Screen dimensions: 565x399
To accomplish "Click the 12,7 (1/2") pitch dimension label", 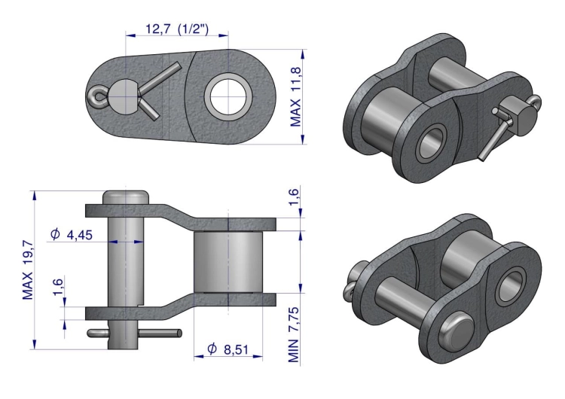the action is click(x=176, y=29).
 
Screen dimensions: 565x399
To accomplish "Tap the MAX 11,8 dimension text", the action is click(x=295, y=96).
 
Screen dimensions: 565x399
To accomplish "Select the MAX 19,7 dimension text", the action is click(x=27, y=270).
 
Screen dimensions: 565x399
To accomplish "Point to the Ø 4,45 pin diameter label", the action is click(x=72, y=234).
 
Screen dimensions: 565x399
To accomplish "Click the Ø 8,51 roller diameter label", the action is click(x=228, y=349).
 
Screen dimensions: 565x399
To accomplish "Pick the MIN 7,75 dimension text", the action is click(x=293, y=334).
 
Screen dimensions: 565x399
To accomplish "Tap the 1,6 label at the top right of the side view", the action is click(x=294, y=196).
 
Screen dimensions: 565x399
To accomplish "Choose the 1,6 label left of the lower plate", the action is click(x=58, y=287).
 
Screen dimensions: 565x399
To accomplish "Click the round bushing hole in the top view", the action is click(x=228, y=97).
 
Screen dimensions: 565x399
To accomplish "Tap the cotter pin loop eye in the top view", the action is click(x=96, y=96).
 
